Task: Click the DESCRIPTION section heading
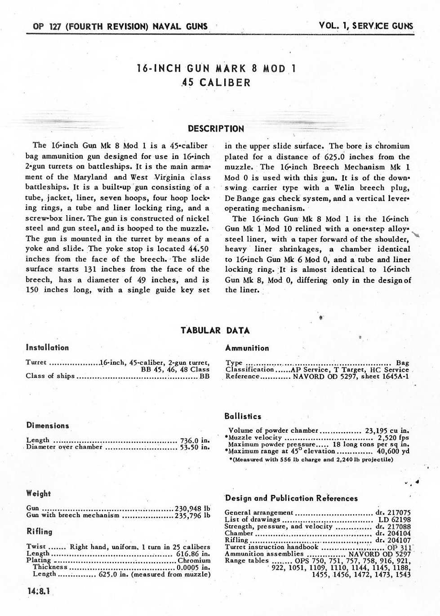point(216,129)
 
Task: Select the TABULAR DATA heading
point(215,331)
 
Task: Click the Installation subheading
point(47,347)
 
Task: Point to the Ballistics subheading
point(243,417)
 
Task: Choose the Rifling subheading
point(39,532)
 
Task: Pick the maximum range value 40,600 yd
point(393,451)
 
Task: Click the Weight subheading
point(38,493)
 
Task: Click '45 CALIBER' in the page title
point(216,83)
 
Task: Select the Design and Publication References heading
point(291,498)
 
